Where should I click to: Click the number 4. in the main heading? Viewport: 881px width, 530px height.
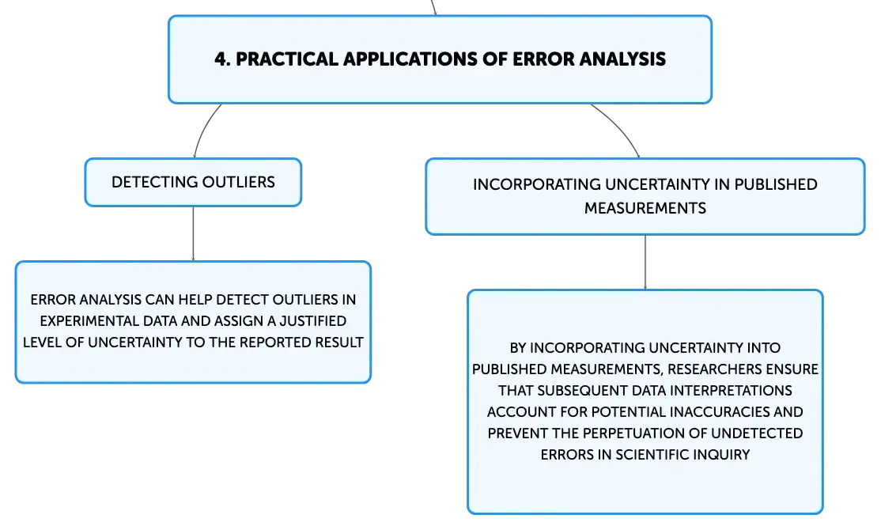222,59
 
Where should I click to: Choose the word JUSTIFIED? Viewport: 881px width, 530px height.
313,321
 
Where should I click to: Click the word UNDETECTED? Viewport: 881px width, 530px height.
757,433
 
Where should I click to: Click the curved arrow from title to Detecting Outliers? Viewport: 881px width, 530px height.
203,128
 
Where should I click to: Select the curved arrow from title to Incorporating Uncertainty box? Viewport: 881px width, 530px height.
620,127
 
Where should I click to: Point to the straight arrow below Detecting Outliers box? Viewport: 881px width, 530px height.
193,234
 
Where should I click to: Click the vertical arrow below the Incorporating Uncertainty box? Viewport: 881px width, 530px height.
645,263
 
